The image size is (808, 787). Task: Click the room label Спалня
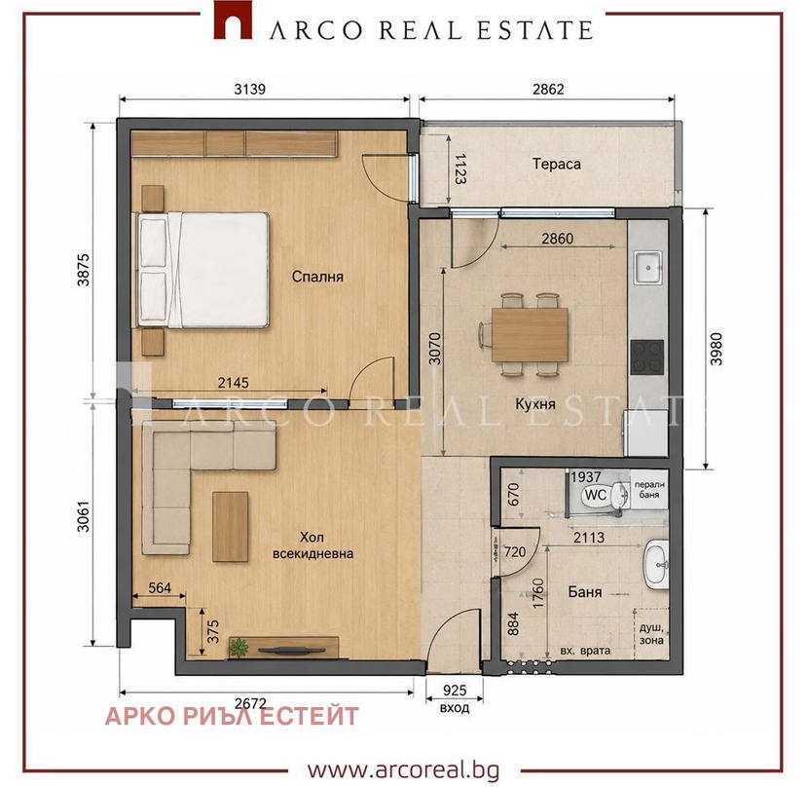pos(317,277)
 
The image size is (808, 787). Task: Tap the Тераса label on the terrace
pos(557,164)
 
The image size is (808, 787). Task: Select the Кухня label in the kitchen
pos(535,404)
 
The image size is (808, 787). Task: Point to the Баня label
pos(585,591)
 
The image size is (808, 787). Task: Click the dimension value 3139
pos(250,90)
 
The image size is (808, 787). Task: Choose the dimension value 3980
pos(716,349)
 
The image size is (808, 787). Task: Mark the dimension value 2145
pos(233,382)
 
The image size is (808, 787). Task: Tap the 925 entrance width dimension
pos(455,690)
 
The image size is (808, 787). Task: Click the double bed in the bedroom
pos(203,270)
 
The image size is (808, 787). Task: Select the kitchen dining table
pos(530,335)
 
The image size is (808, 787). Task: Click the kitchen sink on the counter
pos(647,267)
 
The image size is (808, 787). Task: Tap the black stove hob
pos(647,356)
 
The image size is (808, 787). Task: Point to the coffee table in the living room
pos(231,527)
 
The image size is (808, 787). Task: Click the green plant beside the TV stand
pos(239,648)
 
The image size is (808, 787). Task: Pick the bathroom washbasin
pos(656,564)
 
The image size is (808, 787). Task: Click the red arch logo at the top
pos(233,20)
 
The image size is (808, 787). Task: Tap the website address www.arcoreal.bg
pos(403,770)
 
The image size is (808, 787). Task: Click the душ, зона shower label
pos(651,634)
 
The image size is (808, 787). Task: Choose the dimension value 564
pos(160,588)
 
